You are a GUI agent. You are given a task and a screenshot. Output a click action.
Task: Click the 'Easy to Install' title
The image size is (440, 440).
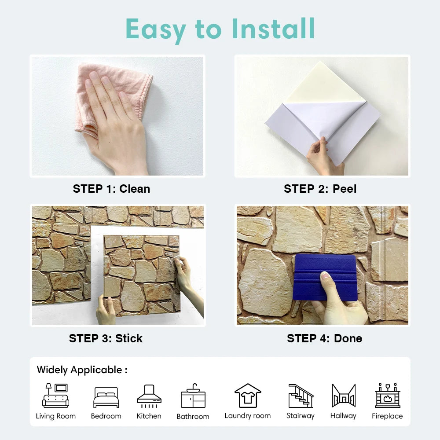coord(220,29)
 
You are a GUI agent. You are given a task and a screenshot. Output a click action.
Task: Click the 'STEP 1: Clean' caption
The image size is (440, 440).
coord(111,189)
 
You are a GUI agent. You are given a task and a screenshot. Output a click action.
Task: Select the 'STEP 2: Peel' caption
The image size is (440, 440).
coord(320,189)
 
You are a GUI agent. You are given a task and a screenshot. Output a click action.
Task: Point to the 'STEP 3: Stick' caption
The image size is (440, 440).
coord(106,338)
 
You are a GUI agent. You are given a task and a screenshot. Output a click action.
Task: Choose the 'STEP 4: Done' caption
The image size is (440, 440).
coord(324,338)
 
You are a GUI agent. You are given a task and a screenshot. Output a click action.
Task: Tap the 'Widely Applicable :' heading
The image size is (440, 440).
coord(82,370)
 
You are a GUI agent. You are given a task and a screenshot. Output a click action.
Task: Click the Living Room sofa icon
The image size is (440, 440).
coord(55,396)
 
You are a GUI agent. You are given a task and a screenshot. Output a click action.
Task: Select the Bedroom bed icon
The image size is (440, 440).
coord(106,397)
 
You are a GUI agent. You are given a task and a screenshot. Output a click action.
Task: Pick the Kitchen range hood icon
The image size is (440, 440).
coord(149,395)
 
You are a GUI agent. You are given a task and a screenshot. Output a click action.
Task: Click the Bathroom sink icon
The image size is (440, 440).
coord(193,396)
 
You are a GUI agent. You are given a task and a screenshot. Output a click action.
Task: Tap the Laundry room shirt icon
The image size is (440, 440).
coord(248,395)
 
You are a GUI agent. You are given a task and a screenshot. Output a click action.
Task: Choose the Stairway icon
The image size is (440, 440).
coord(301,396)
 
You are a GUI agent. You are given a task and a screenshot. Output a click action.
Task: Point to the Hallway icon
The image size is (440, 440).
coord(343,396)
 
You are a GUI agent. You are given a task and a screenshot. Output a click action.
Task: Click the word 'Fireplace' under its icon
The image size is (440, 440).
coord(387,416)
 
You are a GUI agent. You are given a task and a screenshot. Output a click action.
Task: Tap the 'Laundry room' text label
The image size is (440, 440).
coord(248,416)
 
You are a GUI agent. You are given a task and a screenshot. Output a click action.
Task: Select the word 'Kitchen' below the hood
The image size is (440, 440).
coord(149,416)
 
